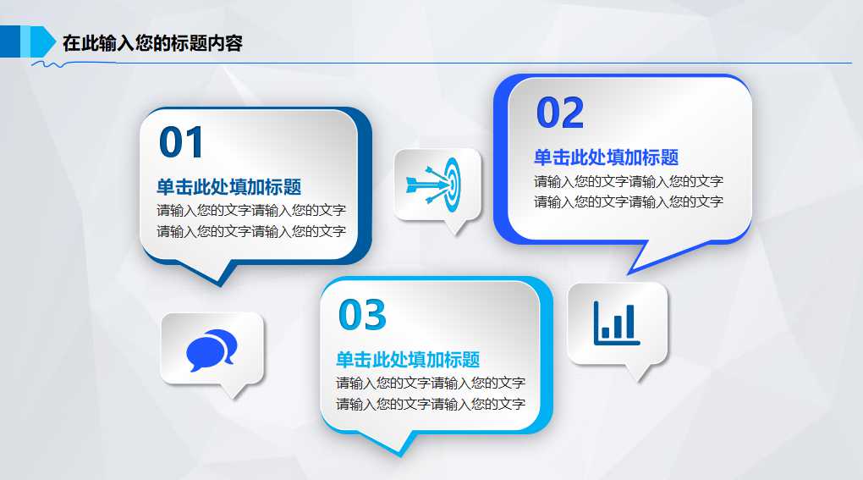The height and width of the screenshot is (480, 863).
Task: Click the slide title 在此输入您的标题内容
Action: [152, 43]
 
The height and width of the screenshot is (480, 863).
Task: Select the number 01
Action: [182, 142]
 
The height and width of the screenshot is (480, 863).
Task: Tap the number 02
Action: [560, 113]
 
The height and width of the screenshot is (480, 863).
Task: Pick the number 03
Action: [362, 315]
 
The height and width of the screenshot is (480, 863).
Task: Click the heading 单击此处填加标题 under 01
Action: [228, 187]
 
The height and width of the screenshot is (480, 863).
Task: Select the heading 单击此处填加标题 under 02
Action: [606, 157]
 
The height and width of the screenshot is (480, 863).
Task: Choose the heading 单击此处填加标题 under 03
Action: [408, 360]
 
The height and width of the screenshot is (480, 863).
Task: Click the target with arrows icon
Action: [437, 182]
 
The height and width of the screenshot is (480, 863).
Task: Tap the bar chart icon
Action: [617, 323]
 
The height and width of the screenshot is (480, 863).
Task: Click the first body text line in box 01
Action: [250, 210]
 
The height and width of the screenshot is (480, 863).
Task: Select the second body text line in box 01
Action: [250, 231]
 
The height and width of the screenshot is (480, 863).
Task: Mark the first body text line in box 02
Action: [628, 181]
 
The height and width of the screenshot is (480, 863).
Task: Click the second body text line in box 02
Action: [628, 201]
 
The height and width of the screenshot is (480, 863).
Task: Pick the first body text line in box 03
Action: [430, 383]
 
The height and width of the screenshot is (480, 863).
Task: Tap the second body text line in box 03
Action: [430, 404]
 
